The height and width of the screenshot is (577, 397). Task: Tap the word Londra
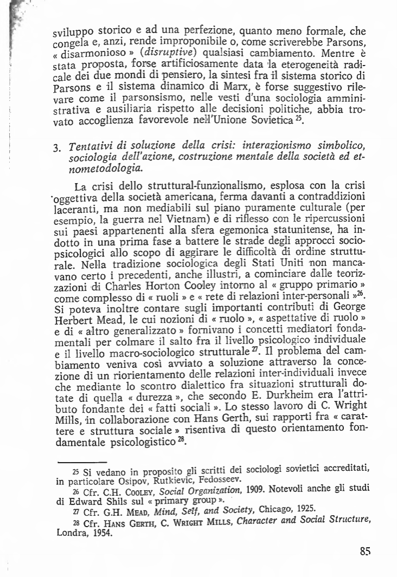72,533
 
